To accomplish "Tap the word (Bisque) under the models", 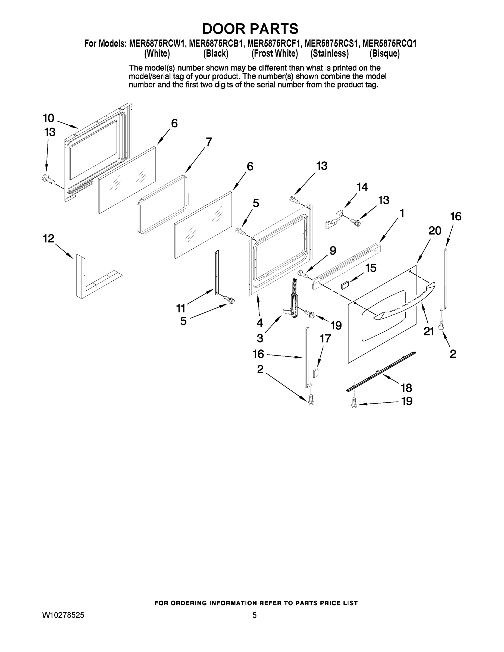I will pos(384,54).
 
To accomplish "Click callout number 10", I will pos(48,118).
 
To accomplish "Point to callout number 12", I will pos(49,239).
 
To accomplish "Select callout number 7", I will pos(209,141).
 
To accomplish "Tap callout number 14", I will pos(362,187).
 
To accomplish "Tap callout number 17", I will pos(325,338).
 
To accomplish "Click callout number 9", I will pos(333,250).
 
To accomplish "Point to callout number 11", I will pos(181,308).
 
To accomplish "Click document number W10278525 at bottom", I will pos(63,615).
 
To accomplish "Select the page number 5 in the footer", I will pos(254,615).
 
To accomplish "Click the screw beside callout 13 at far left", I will pos(48,179).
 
